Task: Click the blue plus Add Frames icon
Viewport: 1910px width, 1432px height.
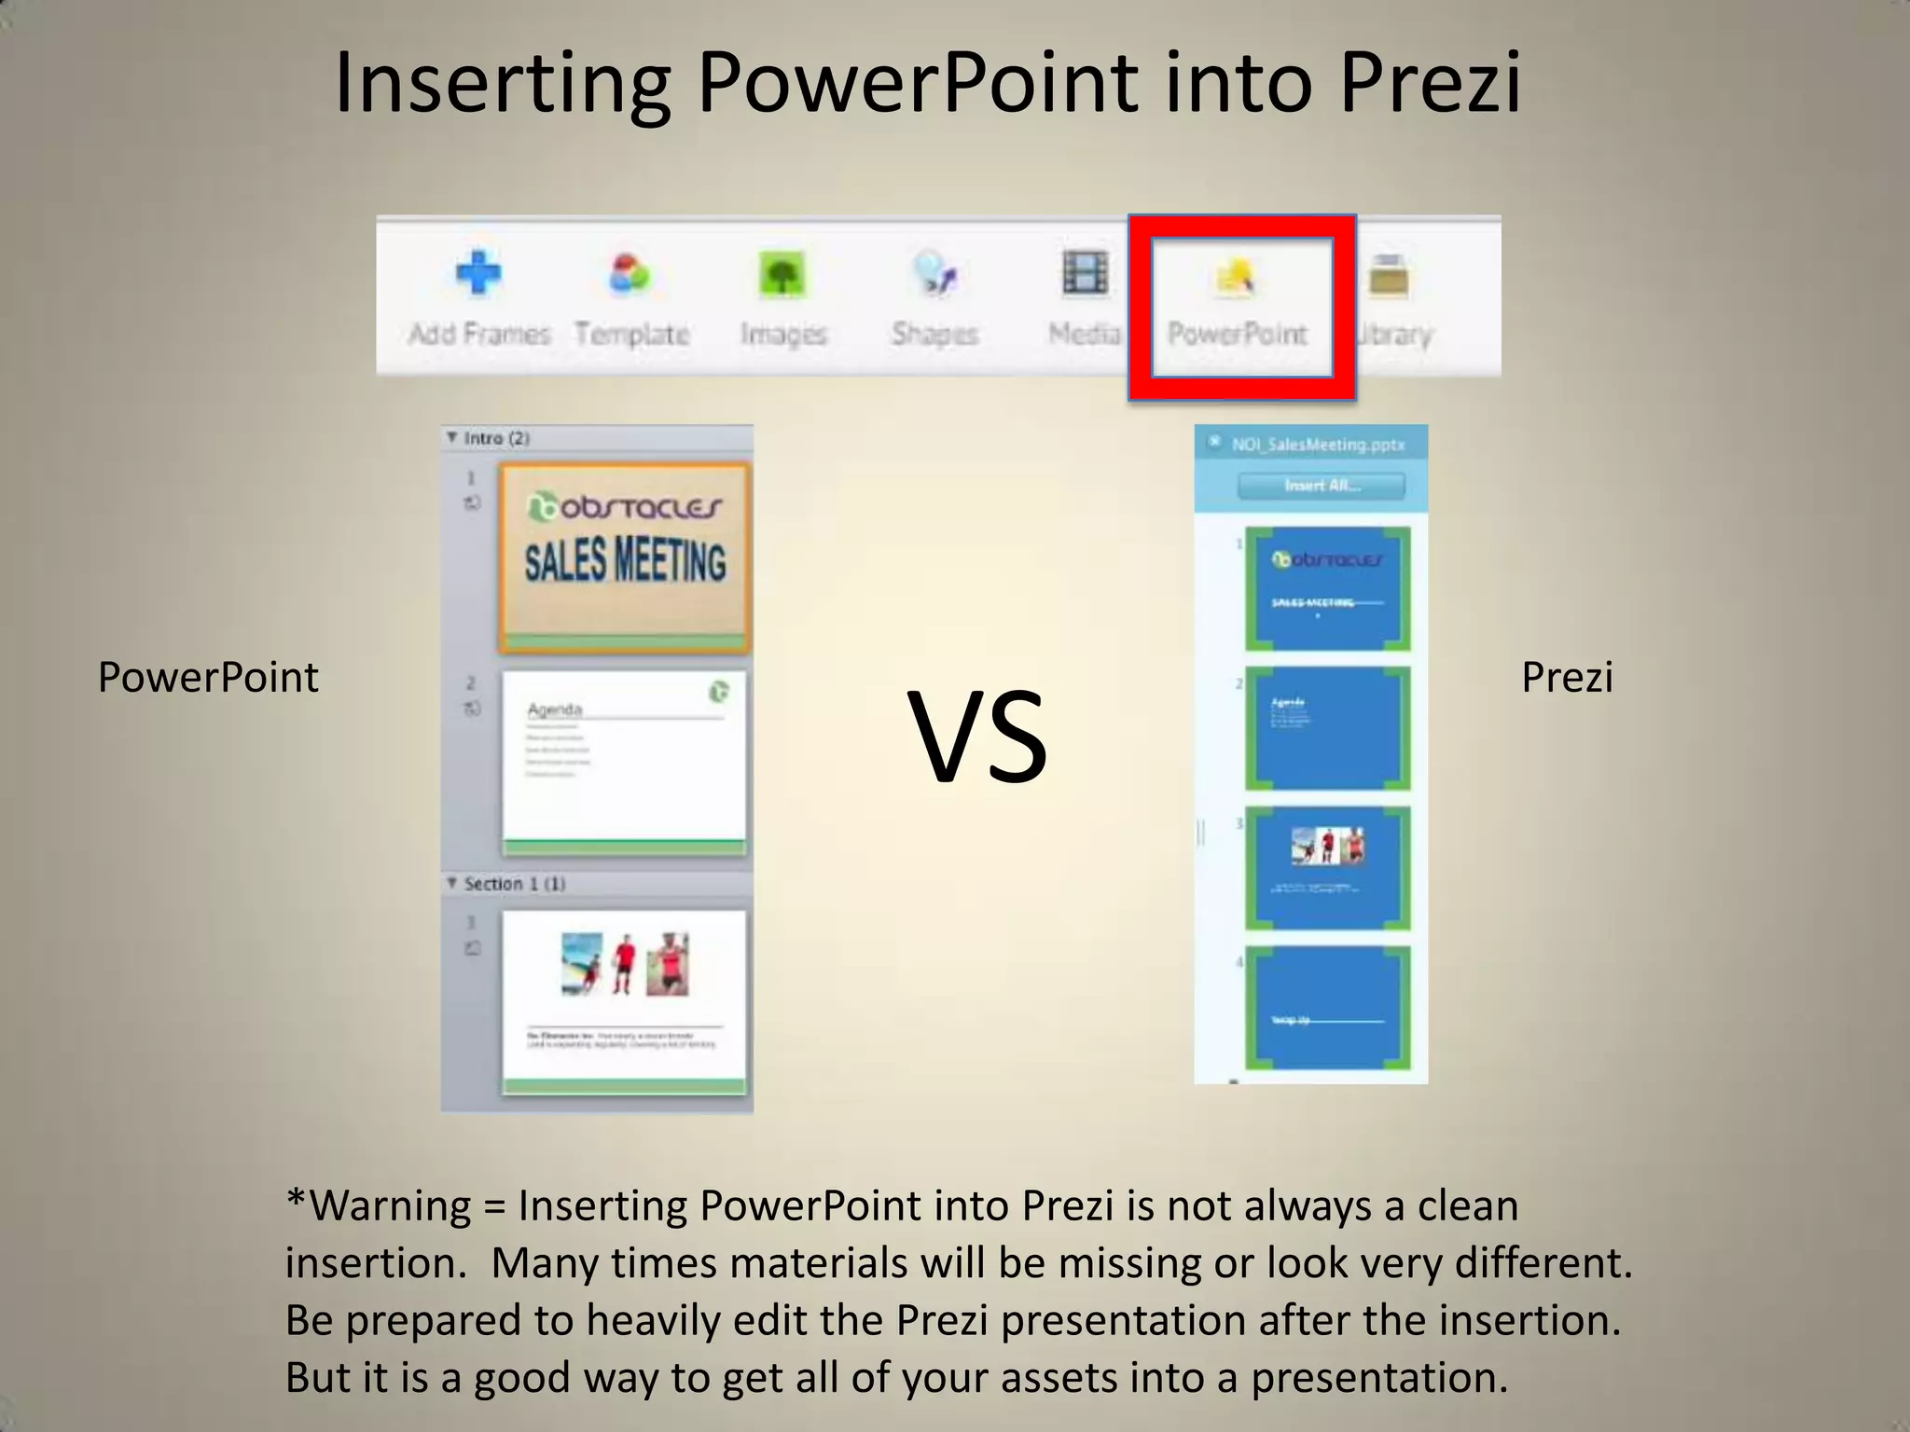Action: (x=478, y=274)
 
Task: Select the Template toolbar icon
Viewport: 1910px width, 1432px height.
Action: (x=630, y=276)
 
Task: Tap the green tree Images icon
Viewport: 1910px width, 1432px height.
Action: (x=782, y=276)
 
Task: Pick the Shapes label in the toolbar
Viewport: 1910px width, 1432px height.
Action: (x=934, y=334)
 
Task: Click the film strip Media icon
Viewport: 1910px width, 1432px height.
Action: (x=1085, y=274)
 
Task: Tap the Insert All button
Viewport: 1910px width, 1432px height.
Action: (x=1321, y=486)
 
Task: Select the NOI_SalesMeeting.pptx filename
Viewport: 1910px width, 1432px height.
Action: (x=1317, y=445)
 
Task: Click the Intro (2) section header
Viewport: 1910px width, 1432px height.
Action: (x=496, y=438)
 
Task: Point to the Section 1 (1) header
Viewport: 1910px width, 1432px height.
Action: (x=514, y=884)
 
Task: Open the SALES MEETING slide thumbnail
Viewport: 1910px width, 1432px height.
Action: (x=624, y=557)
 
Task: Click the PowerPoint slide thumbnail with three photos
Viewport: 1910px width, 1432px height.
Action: (x=624, y=1000)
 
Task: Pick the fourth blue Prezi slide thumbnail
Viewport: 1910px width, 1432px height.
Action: (x=1327, y=1007)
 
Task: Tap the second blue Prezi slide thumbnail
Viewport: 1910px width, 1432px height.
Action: (x=1327, y=727)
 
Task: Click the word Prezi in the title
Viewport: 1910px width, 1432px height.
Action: (x=1430, y=84)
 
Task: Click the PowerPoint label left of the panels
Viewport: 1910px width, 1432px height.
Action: (x=208, y=677)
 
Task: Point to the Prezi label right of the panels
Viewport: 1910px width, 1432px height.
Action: (x=1567, y=677)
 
